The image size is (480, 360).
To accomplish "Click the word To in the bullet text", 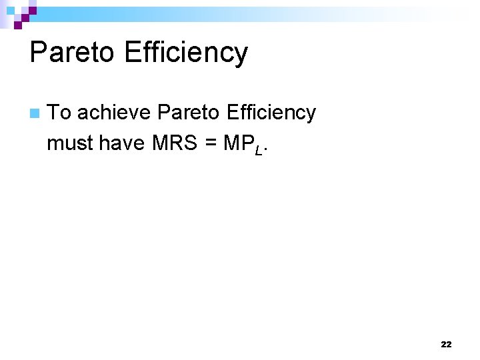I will pyautogui.click(x=59, y=113).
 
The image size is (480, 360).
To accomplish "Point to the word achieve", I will pyautogui.click(x=114, y=113).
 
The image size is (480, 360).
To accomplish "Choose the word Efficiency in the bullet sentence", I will pyautogui.click(x=271, y=113).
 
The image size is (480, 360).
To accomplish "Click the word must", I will pyautogui.click(x=70, y=142).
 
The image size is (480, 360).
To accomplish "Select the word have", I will pyautogui.click(x=121, y=142).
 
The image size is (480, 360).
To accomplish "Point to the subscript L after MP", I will pyautogui.click(x=259, y=148).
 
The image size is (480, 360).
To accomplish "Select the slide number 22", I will pyautogui.click(x=446, y=345).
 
